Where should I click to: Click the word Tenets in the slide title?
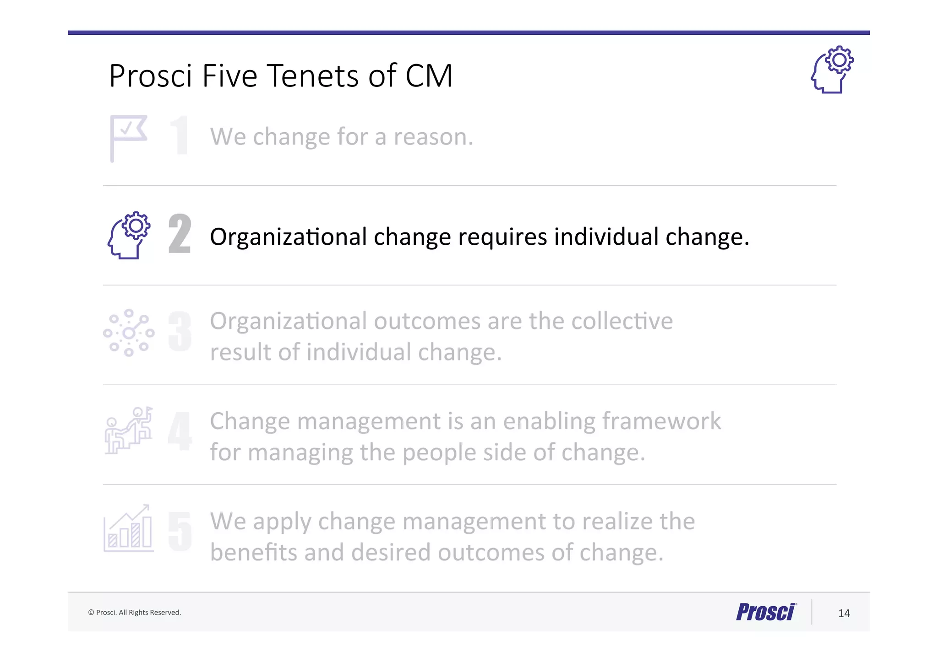(313, 76)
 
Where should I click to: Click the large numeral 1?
(180, 135)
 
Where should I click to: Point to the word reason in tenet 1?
(433, 137)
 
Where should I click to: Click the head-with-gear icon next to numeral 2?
(129, 235)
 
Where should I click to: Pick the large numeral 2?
(180, 234)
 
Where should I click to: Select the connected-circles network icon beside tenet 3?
(129, 333)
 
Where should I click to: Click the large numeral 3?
(180, 332)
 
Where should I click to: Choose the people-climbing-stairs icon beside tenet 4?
(129, 431)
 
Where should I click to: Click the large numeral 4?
(180, 431)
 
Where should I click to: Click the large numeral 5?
(180, 531)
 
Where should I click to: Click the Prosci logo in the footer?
(766, 612)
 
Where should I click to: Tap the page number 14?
(844, 614)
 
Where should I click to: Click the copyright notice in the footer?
(135, 613)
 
